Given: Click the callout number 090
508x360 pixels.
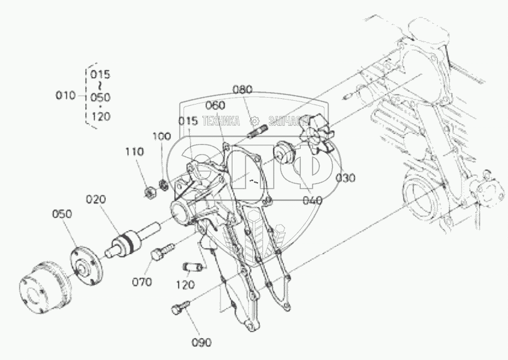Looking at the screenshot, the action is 202,342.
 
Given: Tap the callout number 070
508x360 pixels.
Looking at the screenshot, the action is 142,282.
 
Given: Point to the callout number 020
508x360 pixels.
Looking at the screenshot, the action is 96,199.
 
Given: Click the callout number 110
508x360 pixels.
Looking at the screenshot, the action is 134,152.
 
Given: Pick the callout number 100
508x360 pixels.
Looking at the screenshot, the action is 161,136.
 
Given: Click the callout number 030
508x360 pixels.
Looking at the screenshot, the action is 345,178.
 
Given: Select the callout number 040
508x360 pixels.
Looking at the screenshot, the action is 311,200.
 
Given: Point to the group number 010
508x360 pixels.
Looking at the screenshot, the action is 65,96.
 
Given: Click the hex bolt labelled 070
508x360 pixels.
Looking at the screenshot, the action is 160,255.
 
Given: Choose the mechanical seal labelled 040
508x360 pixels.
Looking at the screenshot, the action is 286,152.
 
